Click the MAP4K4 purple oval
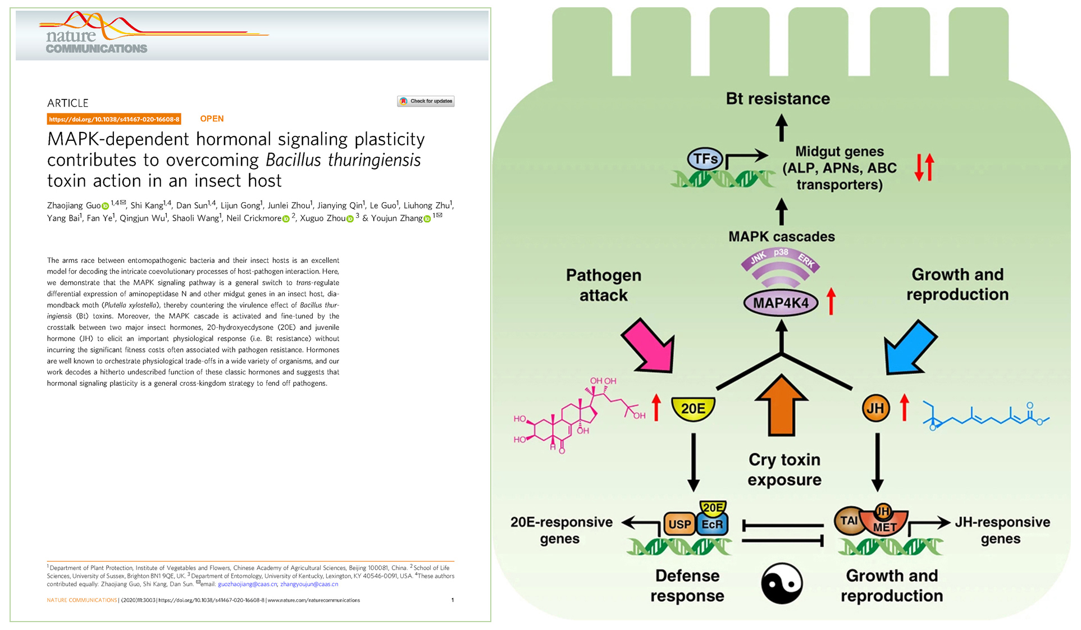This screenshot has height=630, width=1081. click(781, 303)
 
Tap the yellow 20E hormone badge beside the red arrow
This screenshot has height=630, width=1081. click(693, 409)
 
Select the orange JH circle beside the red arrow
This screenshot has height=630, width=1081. click(875, 409)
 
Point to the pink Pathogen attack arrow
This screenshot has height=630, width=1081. click(649, 345)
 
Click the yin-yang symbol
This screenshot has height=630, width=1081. click(782, 583)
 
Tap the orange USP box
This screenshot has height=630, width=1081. click(679, 524)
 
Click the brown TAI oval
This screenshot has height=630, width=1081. click(849, 521)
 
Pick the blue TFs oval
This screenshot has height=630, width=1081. click(705, 159)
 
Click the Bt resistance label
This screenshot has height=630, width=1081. click(778, 99)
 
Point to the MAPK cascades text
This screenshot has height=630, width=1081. click(781, 236)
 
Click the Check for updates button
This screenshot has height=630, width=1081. click(426, 101)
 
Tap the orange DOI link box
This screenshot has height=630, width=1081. click(114, 119)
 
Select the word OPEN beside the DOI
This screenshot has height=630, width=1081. click(212, 118)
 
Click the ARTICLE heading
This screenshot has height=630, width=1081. click(68, 103)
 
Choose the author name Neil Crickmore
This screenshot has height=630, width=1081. click(254, 218)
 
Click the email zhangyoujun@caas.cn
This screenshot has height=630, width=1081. click(309, 584)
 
